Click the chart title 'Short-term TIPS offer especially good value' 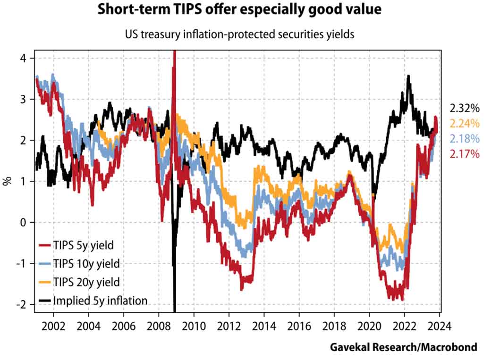(x=245, y=9)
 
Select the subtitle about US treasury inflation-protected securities (x=245, y=33)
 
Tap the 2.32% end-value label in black (x=465, y=109)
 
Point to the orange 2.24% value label (x=465, y=124)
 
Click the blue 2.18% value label (x=465, y=139)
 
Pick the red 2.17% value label (x=465, y=154)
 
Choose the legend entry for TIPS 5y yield (x=83, y=245)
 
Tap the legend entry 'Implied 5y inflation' (x=100, y=300)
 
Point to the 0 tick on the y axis (x=25, y=222)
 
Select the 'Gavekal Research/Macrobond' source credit (x=403, y=347)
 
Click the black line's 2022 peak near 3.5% (x=408, y=76)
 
